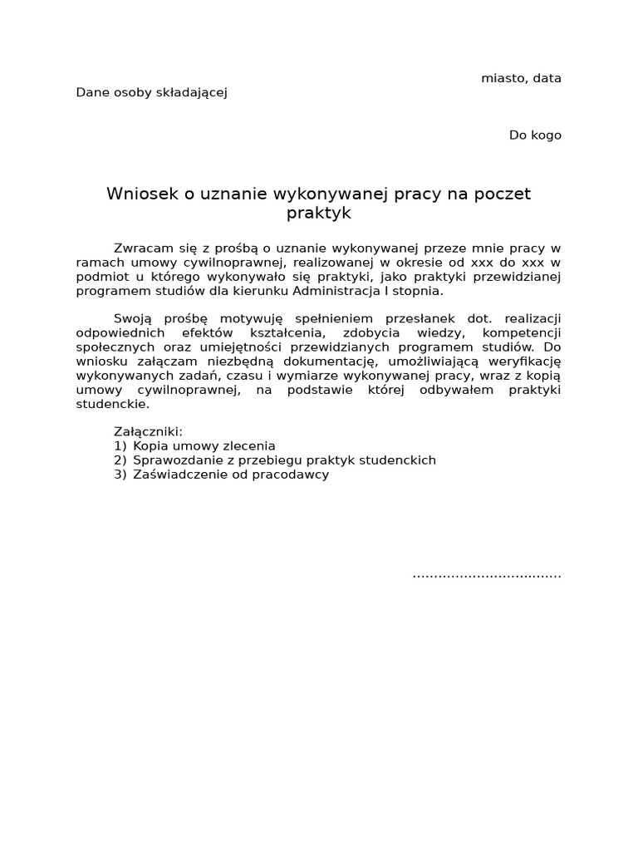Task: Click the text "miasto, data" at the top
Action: [521, 78]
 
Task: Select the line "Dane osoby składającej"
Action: [151, 92]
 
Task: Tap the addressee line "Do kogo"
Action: [535, 135]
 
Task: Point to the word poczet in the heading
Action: [501, 194]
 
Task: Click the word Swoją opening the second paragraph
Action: [134, 318]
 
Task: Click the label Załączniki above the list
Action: [148, 432]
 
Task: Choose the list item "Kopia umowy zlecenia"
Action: [204, 446]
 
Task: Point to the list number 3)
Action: [120, 475]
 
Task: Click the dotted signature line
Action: [487, 574]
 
